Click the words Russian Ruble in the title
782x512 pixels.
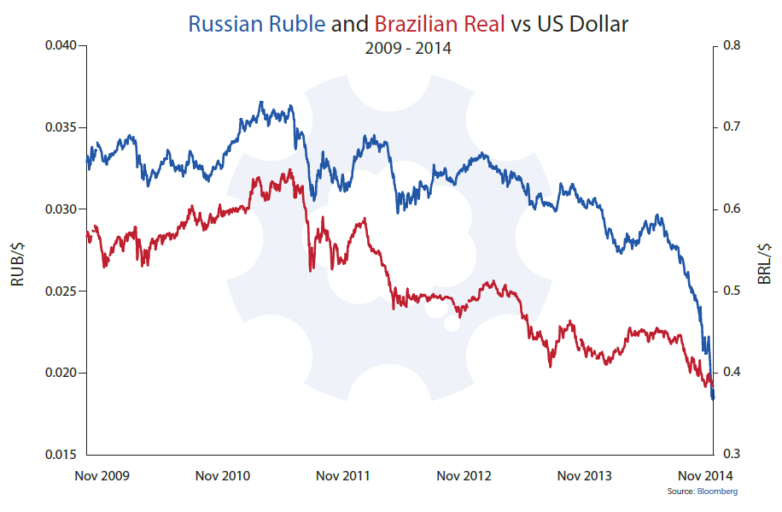(x=256, y=24)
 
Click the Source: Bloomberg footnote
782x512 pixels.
(x=703, y=492)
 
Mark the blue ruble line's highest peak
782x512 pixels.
(x=261, y=102)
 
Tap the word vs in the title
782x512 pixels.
(x=521, y=24)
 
